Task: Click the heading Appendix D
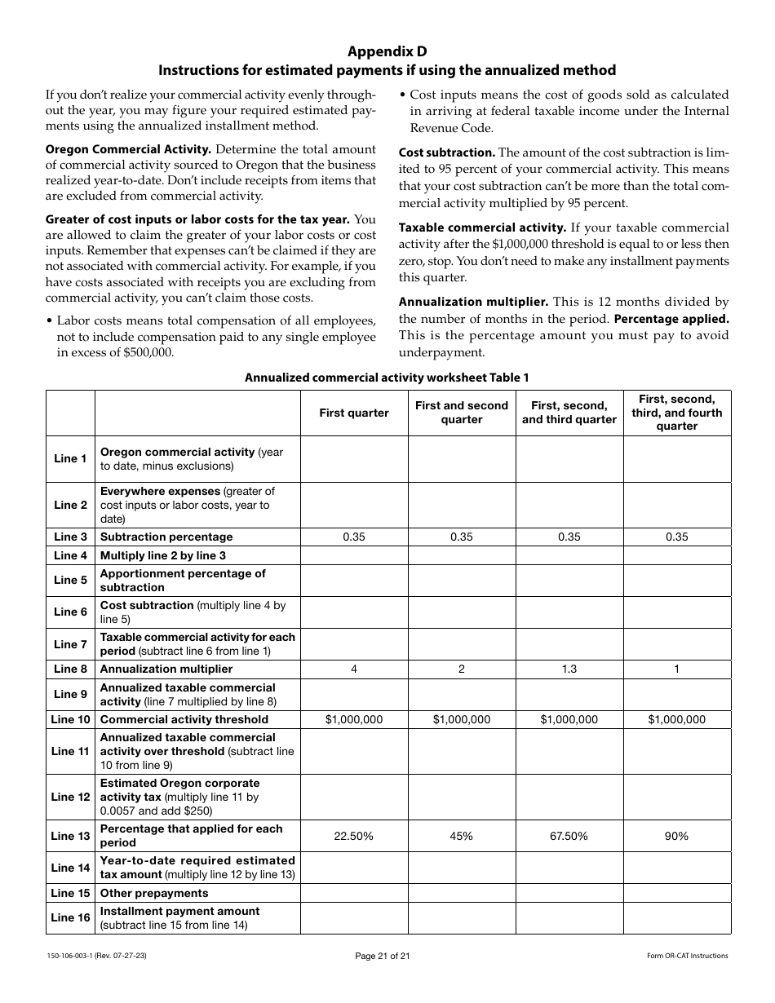[387, 51]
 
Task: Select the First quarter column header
[354, 413]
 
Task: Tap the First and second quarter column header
[462, 413]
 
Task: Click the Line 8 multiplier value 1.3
[569, 669]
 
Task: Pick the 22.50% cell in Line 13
[354, 836]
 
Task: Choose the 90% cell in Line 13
[677, 836]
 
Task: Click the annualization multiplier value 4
[354, 669]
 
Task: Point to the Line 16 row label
[71, 917]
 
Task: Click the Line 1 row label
[71, 458]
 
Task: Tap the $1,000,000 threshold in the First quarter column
[354, 719]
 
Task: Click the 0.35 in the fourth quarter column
[677, 537]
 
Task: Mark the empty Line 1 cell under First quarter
[354, 458]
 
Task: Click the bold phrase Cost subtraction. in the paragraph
[446, 152]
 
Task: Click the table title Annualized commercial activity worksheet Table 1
[387, 377]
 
